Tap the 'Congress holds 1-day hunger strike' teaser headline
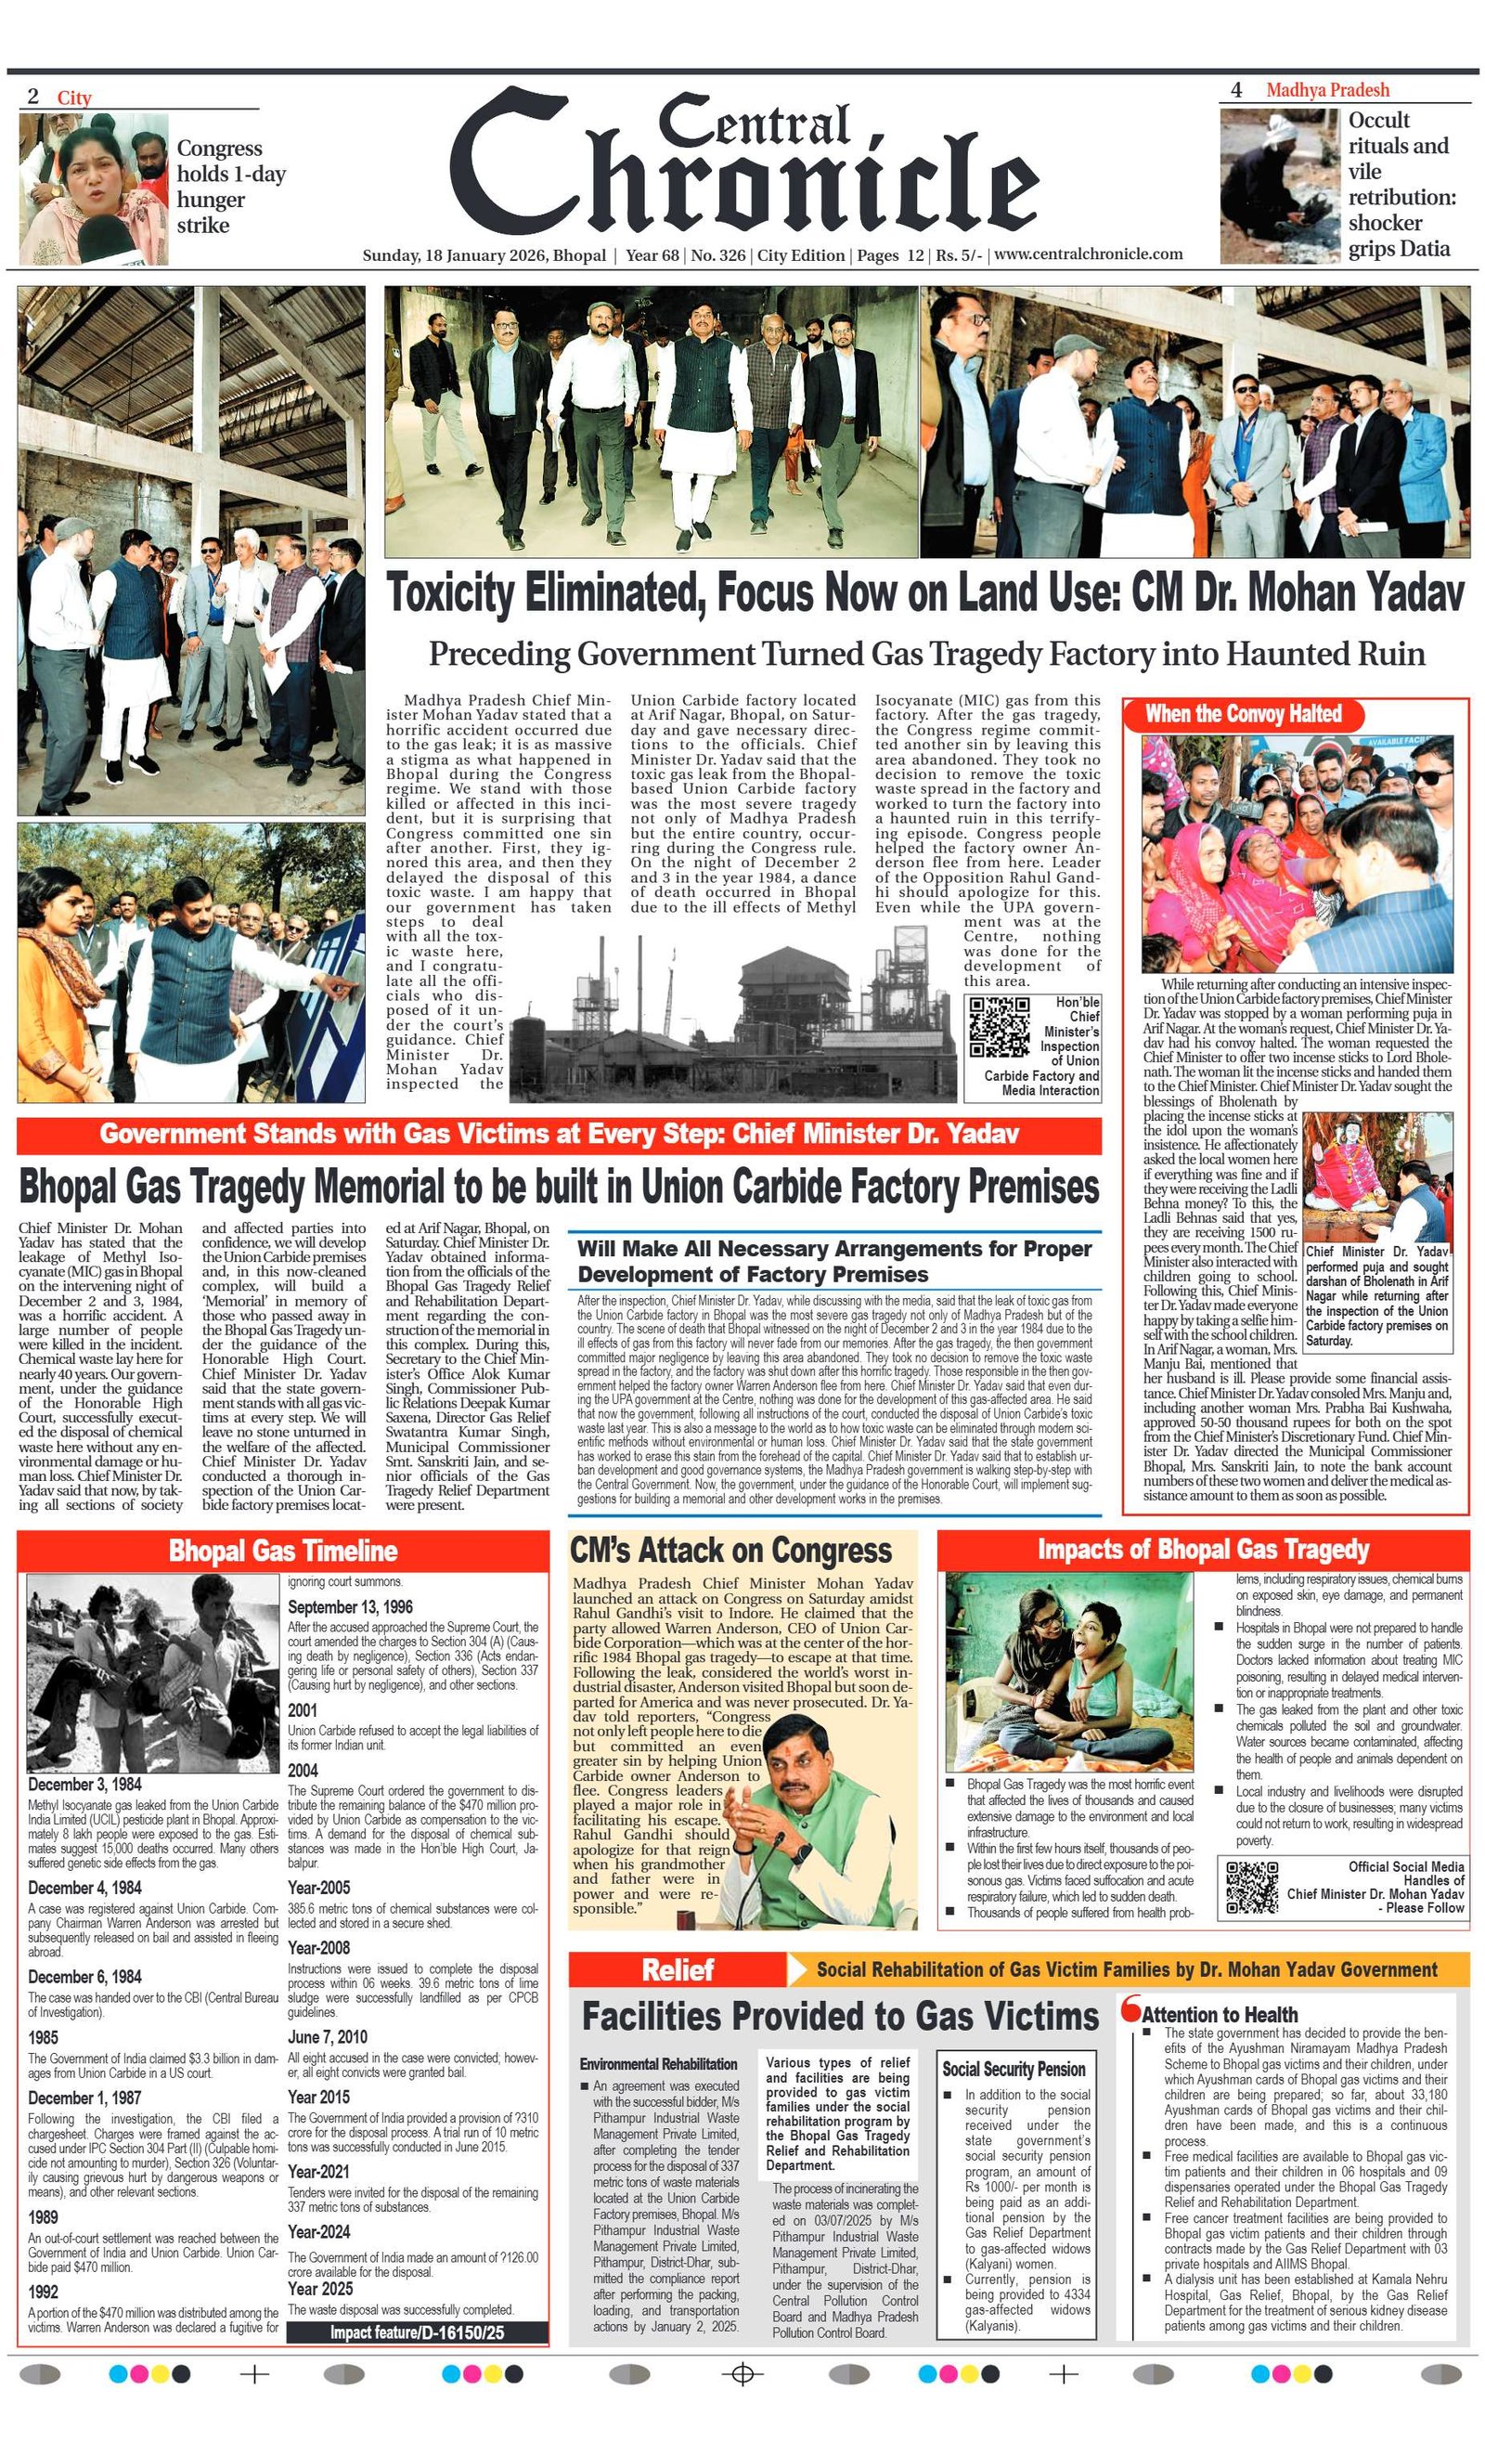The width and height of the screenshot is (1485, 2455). (231, 187)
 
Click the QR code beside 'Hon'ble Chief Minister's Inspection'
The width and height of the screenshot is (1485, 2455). (999, 1026)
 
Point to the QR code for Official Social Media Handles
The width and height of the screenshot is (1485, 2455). (1251, 1886)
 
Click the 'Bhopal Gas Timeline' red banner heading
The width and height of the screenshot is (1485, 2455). (283, 1552)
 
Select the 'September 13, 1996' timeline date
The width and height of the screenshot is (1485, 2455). (350, 1607)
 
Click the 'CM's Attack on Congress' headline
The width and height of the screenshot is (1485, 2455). (730, 1551)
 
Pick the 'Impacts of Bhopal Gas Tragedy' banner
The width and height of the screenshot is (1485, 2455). (1202, 1550)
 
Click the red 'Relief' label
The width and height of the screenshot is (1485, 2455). (678, 1969)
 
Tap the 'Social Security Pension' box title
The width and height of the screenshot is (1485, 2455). (1014, 2070)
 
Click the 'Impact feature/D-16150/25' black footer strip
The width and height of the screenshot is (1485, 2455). (417, 2332)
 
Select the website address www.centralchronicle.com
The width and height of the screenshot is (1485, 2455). (1088, 254)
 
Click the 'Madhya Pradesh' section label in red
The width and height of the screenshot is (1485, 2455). (1326, 91)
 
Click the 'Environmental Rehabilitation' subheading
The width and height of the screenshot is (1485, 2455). (658, 2063)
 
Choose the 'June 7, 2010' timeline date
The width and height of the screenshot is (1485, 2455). (328, 2036)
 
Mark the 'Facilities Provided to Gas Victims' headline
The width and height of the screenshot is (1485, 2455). (839, 2017)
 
